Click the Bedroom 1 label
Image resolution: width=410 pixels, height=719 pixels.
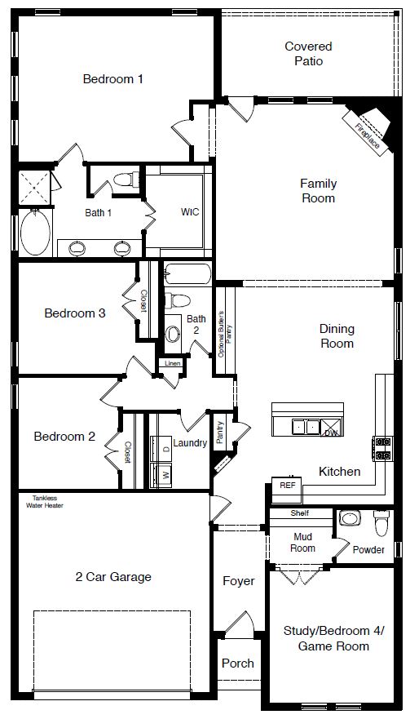click(x=113, y=79)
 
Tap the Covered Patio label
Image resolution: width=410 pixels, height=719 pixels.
click(x=307, y=54)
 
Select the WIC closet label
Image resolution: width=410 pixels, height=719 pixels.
click(x=190, y=211)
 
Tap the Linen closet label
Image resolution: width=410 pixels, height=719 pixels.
click(x=171, y=363)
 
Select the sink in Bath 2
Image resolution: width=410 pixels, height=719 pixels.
click(x=173, y=333)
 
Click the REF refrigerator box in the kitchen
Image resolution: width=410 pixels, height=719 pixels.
click(x=287, y=485)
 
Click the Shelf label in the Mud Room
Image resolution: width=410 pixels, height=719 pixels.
click(x=300, y=514)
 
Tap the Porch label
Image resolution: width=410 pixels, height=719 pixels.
click(x=237, y=664)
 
